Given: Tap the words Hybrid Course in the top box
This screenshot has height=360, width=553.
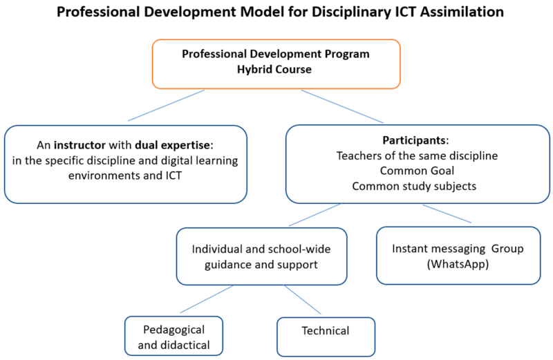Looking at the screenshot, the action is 274,70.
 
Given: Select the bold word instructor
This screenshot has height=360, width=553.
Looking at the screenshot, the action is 79,145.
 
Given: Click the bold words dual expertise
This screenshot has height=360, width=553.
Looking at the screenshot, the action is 172,145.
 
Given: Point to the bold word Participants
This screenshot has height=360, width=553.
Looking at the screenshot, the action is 414,140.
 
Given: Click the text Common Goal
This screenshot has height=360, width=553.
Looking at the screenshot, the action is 417,171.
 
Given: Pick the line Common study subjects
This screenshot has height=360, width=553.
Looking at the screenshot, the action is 414,186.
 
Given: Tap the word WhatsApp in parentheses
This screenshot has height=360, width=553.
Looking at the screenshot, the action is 458,264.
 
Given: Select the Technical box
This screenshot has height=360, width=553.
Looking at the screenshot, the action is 326,337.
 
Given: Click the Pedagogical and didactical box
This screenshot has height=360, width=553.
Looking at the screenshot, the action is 174,336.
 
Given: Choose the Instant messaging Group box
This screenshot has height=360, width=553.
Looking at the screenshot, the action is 458,256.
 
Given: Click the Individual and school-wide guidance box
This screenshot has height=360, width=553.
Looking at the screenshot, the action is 262,256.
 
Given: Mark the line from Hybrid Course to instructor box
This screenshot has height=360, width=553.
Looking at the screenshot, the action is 166,106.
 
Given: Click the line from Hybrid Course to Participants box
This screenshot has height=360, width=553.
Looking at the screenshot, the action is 342,106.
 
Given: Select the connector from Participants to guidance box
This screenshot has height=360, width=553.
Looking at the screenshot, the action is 316,214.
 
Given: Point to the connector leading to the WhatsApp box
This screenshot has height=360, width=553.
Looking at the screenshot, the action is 447,214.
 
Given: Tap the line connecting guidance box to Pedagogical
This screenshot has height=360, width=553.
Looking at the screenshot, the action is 207,299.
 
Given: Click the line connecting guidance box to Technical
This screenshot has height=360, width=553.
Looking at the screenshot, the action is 303,299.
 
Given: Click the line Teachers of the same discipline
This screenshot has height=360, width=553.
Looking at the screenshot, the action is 417,155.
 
